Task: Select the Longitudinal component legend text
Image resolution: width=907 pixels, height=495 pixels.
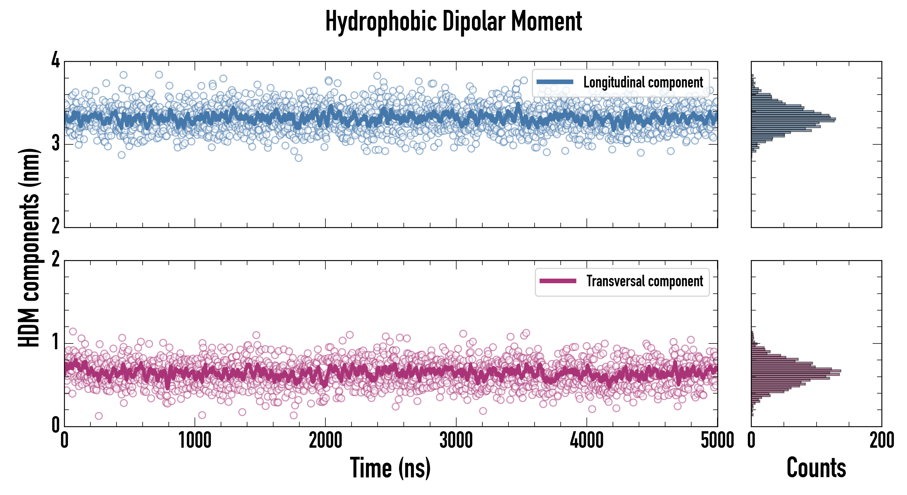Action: pos(643,82)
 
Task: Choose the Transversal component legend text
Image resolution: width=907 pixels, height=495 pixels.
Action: pos(644,281)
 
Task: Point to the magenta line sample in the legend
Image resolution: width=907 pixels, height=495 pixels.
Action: pos(558,281)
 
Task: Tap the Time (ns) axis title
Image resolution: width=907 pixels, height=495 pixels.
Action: pos(390,468)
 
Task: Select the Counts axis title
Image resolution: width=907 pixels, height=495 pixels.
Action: pos(816,468)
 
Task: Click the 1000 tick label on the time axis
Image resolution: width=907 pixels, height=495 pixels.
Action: pos(195,440)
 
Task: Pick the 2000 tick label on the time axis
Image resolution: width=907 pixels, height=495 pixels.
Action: pos(325,440)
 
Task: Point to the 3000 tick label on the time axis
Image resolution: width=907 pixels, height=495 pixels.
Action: pos(456,440)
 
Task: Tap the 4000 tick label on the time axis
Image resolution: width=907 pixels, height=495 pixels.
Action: pos(587,440)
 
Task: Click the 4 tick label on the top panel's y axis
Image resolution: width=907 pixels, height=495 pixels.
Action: pos(56,61)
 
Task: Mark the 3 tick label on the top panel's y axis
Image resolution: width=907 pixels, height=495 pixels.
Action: pos(56,143)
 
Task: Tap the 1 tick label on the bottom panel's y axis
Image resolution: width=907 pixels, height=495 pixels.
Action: pos(56,342)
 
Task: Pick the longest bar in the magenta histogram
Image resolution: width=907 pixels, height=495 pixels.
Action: pos(796,371)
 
